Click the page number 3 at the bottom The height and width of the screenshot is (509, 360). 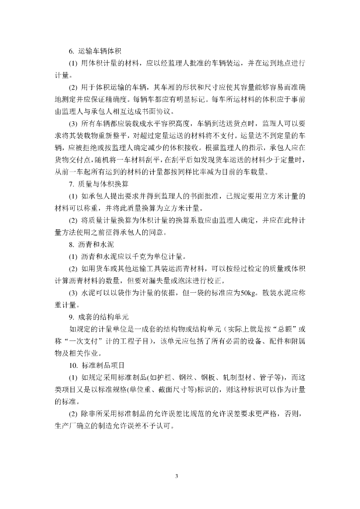(x=177, y=476)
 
